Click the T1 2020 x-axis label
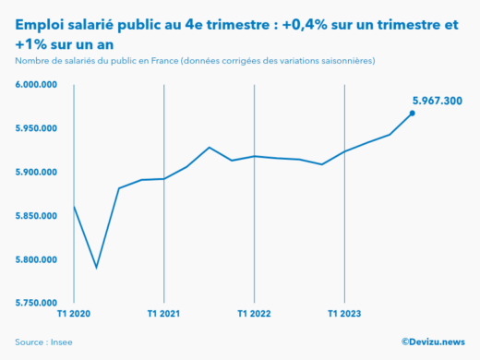(73, 315)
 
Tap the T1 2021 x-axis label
(163, 315)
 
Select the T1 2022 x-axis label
(254, 315)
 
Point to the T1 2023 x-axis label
(344, 315)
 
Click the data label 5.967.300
(437, 100)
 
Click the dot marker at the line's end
(413, 114)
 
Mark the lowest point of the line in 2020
(96, 269)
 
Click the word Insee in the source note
(62, 342)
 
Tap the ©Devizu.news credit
(433, 342)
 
